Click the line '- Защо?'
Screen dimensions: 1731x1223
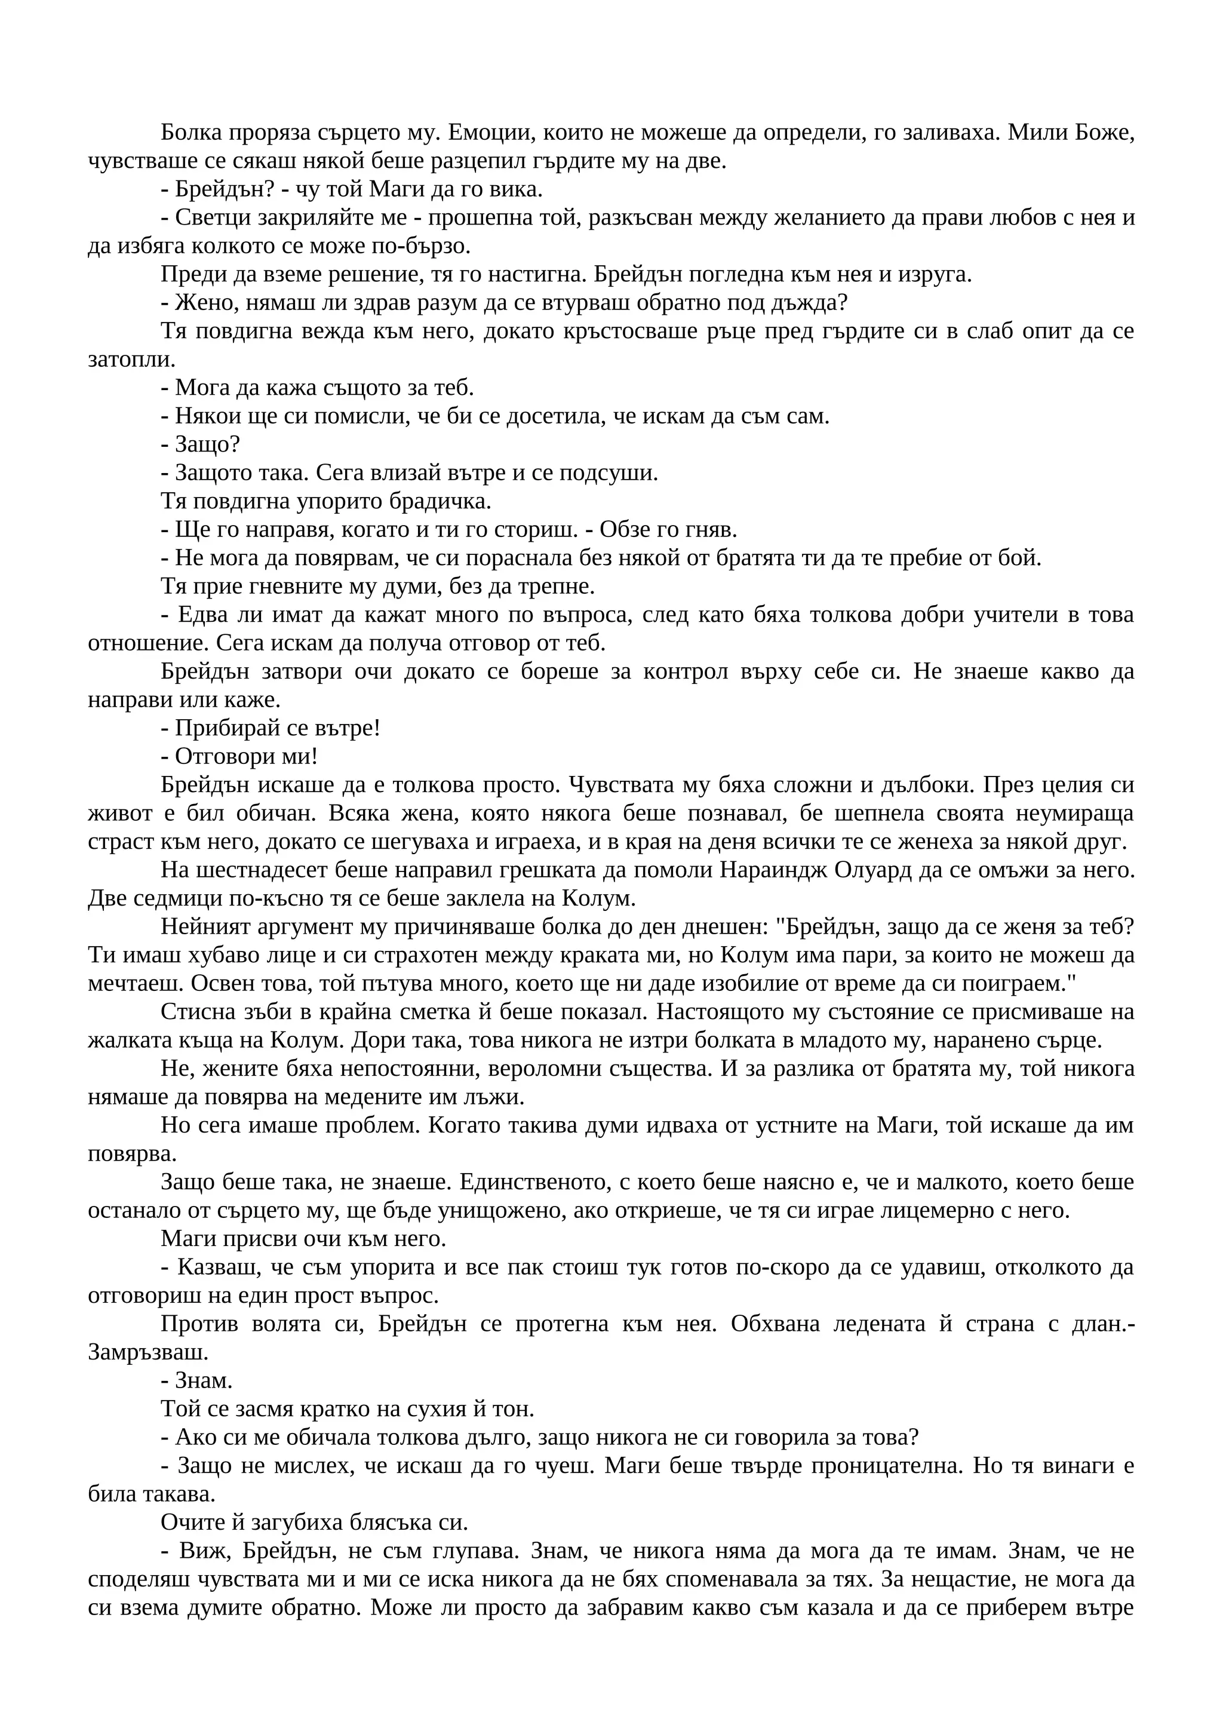tap(201, 445)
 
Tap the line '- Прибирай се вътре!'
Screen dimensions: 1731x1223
tap(271, 728)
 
